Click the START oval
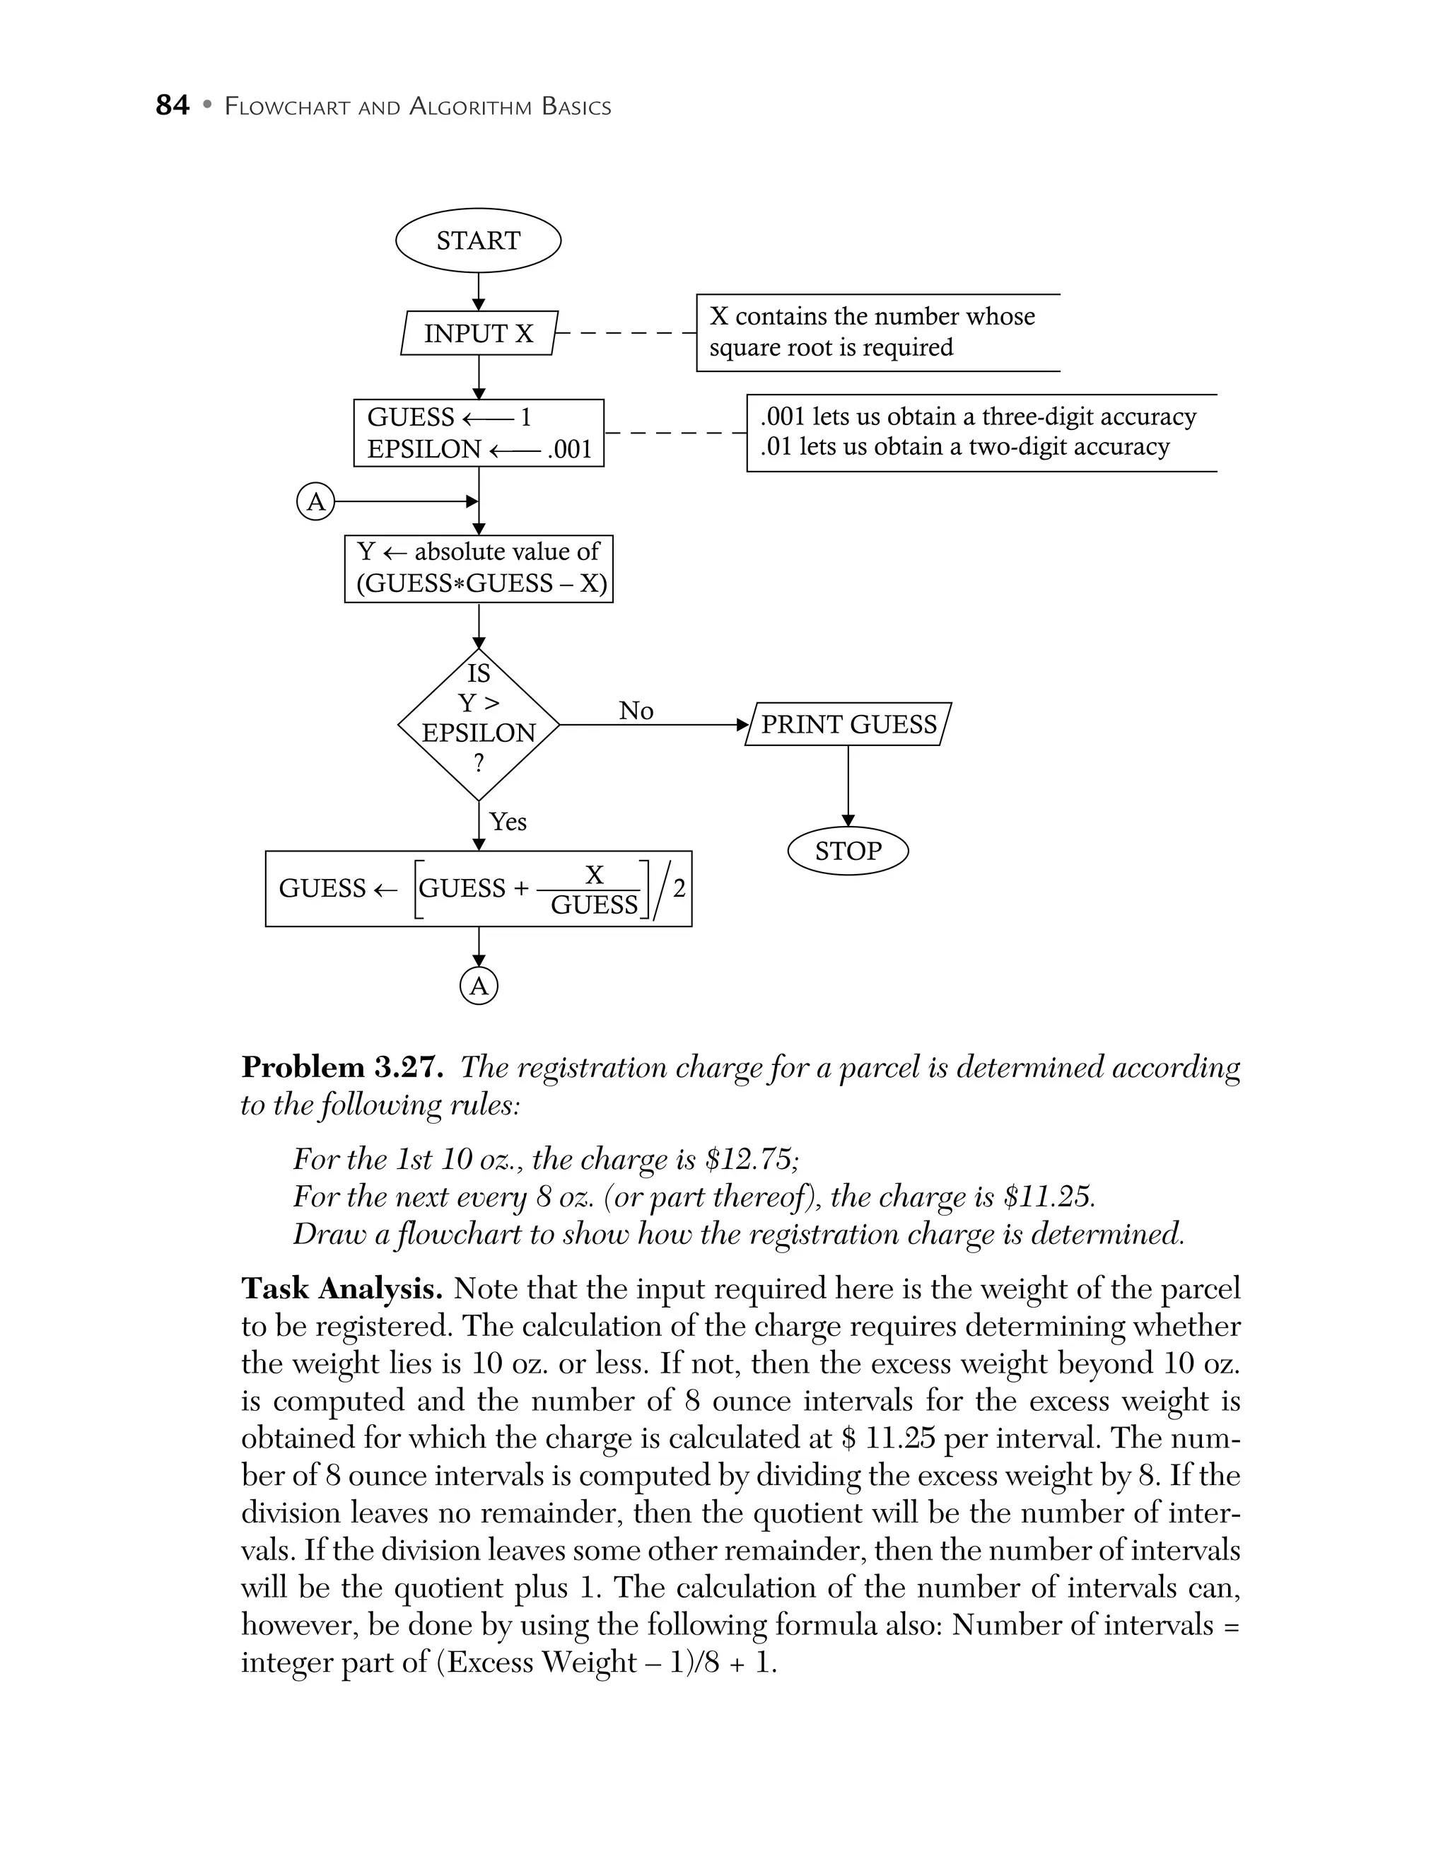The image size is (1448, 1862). tap(478, 240)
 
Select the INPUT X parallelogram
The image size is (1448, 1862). tap(479, 333)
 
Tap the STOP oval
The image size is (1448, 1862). tap(848, 851)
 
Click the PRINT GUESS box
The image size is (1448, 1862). tap(848, 725)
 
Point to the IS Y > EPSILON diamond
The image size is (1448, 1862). tap(479, 725)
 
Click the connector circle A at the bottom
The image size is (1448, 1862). tap(479, 987)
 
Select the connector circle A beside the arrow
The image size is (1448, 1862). tap(315, 502)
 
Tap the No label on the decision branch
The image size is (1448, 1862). tap(636, 710)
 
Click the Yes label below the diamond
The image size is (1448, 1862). tap(508, 822)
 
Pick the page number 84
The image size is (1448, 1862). tap(172, 105)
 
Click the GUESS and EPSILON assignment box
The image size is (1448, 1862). tap(479, 433)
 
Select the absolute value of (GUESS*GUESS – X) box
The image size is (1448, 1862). tap(479, 569)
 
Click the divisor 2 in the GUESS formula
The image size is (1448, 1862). tap(679, 888)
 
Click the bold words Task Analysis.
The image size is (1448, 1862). tap(341, 1289)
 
